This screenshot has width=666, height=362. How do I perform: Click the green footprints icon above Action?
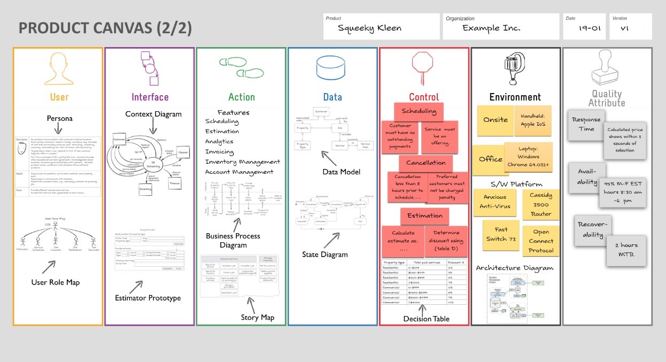click(x=242, y=67)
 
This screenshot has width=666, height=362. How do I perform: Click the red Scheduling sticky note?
click(x=419, y=112)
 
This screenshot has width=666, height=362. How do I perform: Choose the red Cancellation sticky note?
click(x=425, y=163)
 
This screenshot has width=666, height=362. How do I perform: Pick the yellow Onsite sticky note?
click(x=495, y=120)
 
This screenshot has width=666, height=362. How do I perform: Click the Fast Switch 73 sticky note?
click(x=501, y=234)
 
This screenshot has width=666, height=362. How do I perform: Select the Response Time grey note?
click(x=586, y=125)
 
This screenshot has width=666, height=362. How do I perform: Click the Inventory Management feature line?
click(x=242, y=161)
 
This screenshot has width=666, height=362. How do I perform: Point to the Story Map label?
click(x=257, y=318)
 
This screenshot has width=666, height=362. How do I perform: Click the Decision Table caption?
click(x=426, y=319)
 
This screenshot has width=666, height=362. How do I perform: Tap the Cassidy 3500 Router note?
click(x=541, y=205)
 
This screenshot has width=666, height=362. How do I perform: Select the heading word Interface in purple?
click(x=150, y=97)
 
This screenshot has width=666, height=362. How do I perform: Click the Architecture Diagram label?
click(x=515, y=268)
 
